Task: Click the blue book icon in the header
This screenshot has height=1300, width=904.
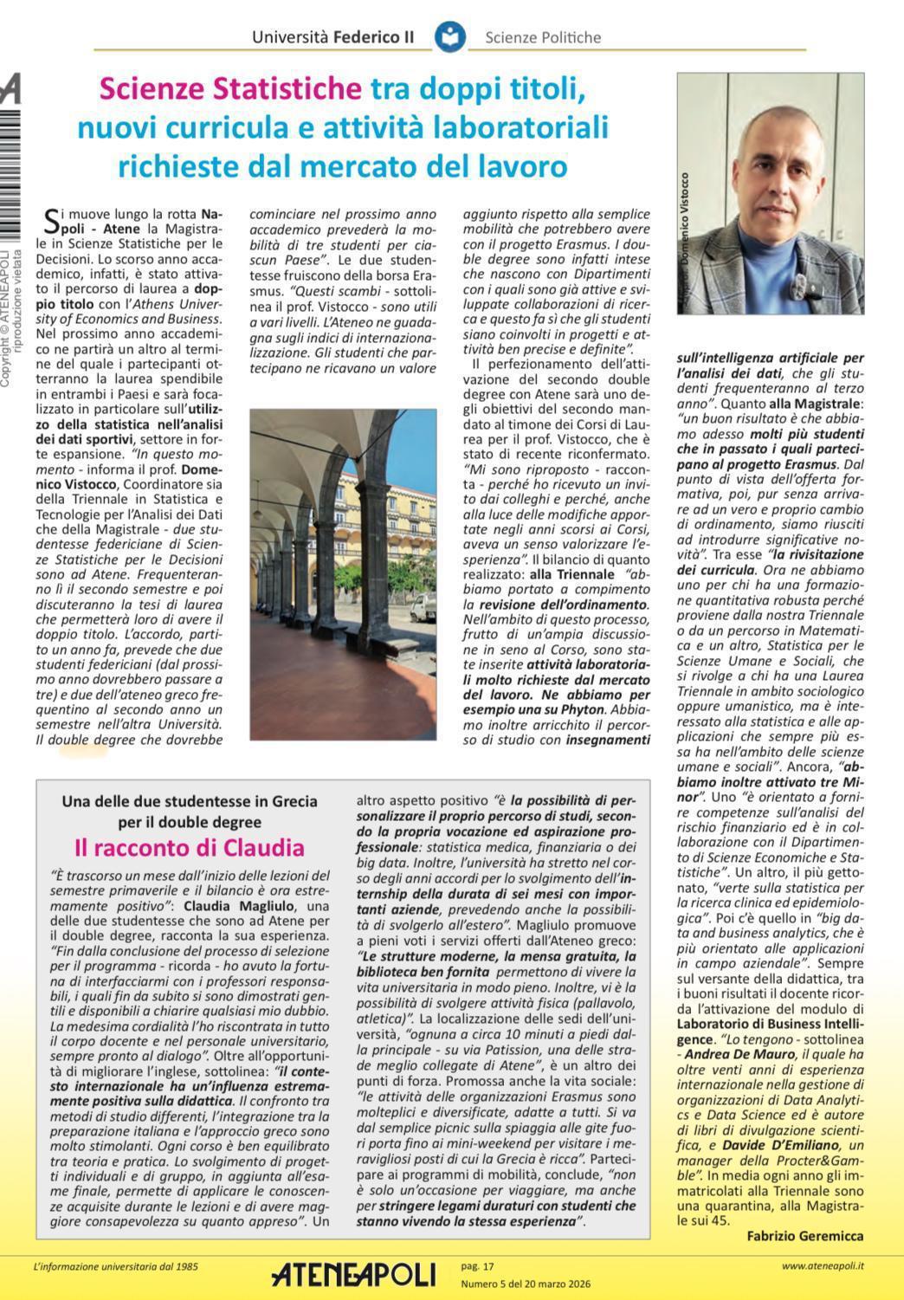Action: point(450,37)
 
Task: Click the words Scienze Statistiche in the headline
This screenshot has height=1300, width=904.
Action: point(230,89)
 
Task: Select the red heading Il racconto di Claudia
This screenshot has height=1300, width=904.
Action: point(190,846)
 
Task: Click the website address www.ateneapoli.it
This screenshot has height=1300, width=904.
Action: point(822,1266)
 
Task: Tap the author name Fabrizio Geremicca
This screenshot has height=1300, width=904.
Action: point(804,1236)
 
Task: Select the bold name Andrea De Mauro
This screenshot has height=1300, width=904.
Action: point(739,1054)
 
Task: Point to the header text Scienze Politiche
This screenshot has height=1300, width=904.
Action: point(543,37)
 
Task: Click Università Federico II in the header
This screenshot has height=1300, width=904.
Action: point(333,37)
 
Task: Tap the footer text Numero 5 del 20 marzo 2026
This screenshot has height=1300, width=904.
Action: point(526,1284)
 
